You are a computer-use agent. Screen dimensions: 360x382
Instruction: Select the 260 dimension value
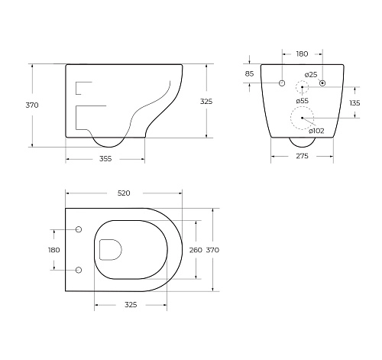(196, 250)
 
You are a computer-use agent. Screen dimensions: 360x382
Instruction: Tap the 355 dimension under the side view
(105, 159)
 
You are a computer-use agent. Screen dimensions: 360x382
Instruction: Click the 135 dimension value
(354, 102)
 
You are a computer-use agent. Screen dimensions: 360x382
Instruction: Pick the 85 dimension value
(249, 74)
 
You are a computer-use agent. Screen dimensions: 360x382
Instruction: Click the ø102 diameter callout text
(318, 131)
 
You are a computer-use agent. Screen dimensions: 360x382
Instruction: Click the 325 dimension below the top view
(131, 304)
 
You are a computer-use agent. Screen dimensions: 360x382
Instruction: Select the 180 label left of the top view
(53, 249)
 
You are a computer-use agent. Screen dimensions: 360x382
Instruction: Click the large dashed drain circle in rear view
(302, 118)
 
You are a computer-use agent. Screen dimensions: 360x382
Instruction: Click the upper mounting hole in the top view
(79, 229)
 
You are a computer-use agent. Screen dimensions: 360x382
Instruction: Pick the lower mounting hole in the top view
(79, 269)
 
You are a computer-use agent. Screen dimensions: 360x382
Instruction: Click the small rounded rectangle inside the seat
(112, 249)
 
